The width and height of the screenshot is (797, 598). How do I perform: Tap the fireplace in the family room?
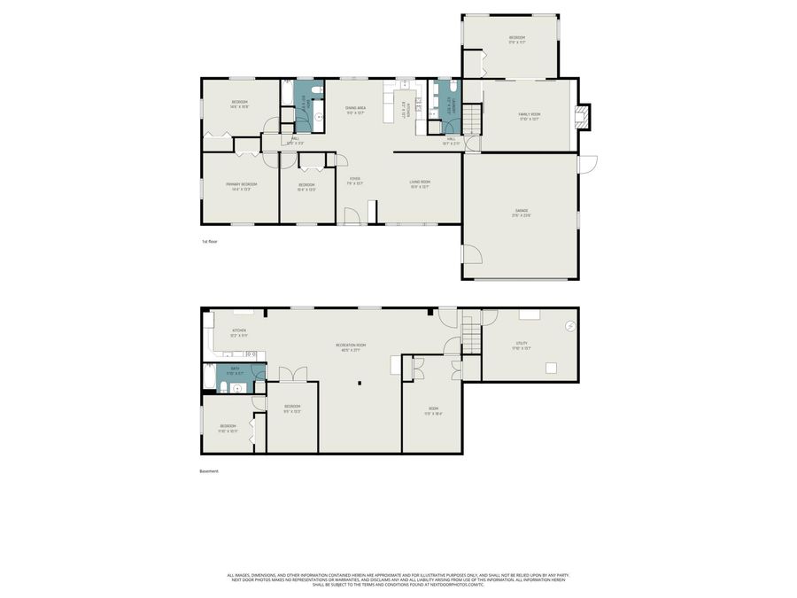(x=581, y=115)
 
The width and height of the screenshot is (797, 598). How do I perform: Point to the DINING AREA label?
(x=355, y=110)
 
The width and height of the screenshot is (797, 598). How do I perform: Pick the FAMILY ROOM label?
(x=530, y=116)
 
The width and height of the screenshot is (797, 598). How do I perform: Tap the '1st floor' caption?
(x=209, y=241)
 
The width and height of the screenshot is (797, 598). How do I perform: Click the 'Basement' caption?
(x=209, y=471)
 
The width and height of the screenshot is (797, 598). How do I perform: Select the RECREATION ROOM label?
(x=351, y=346)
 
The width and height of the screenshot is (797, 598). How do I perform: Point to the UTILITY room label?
(x=522, y=345)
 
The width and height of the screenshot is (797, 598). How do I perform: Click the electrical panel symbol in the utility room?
(x=569, y=327)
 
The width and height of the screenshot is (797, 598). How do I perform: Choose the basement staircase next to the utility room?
(x=470, y=338)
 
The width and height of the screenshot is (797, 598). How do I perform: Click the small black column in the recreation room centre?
(x=360, y=383)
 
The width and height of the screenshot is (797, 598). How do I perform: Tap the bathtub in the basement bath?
(x=209, y=379)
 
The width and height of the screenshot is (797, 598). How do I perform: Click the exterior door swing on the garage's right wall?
(x=588, y=165)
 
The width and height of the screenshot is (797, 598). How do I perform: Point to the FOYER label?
(x=354, y=181)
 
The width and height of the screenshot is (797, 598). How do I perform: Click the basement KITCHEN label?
(x=239, y=332)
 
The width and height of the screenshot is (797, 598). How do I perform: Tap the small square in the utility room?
(x=551, y=369)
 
